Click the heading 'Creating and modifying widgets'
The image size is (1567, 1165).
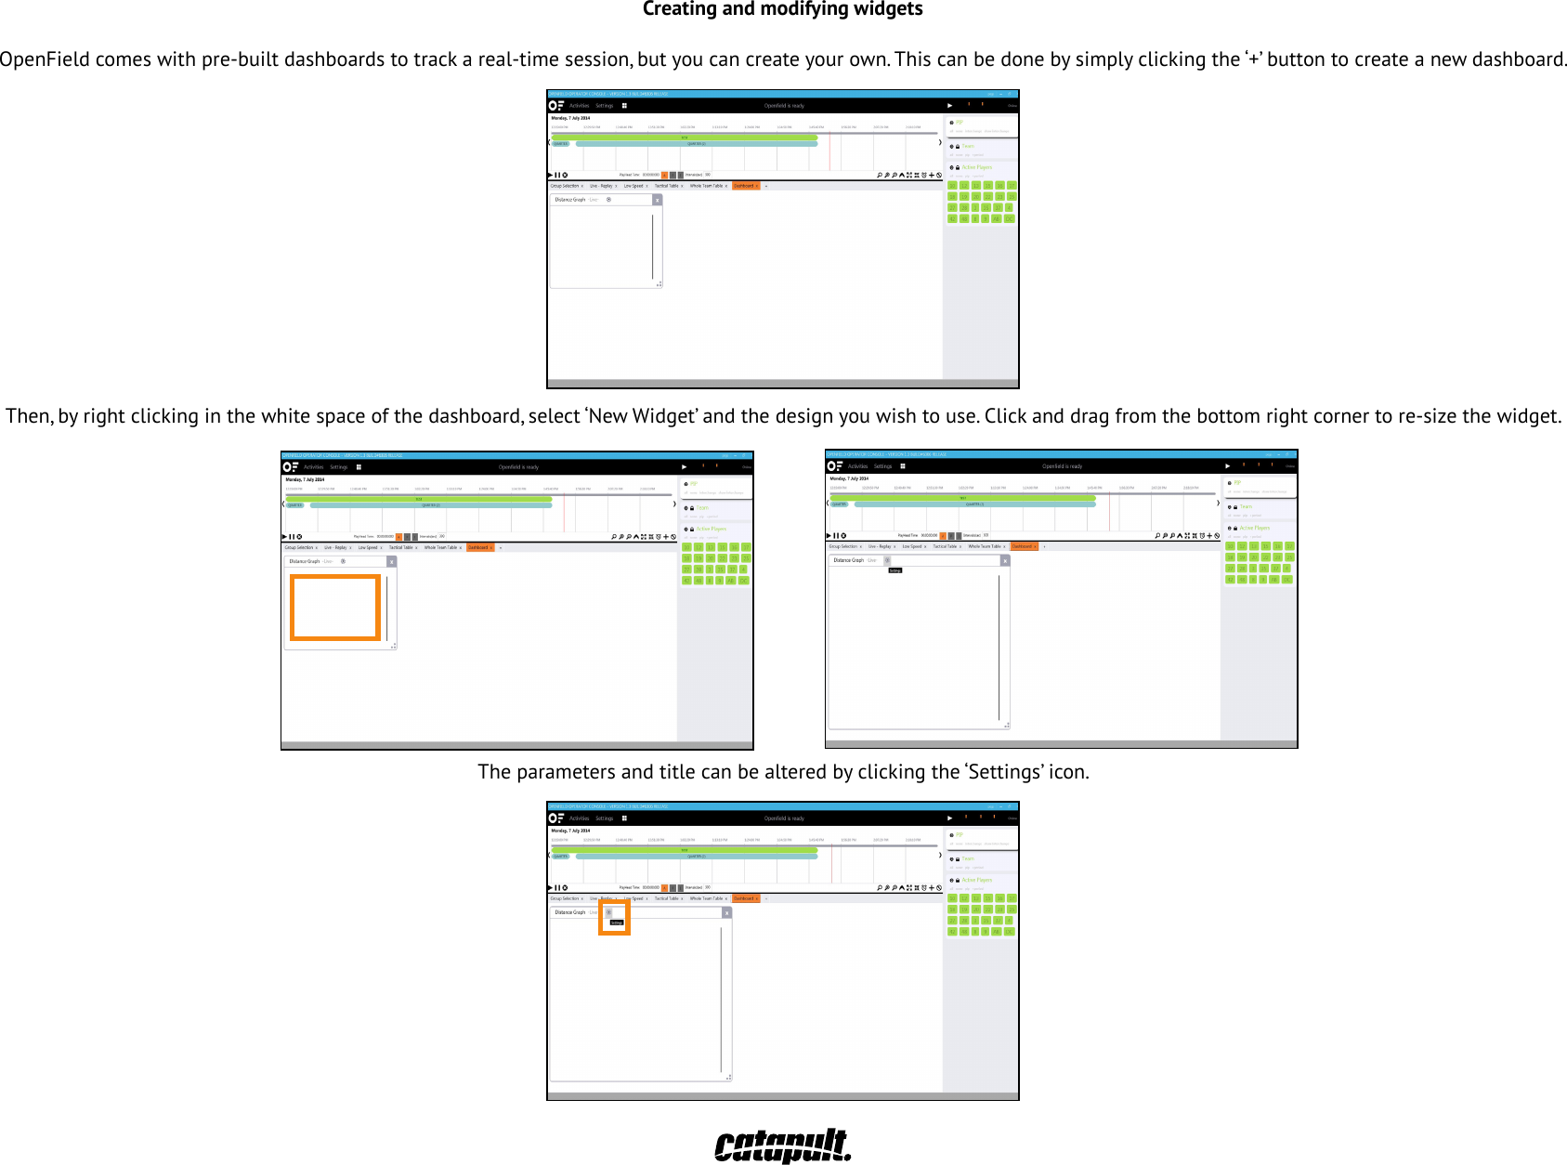[782, 10]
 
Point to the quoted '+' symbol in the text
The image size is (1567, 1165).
[1253, 59]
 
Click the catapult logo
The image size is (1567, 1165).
[782, 1145]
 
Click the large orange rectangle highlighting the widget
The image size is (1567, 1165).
[335, 608]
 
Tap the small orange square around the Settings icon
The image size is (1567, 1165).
[614, 917]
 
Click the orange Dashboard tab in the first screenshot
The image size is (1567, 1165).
[745, 186]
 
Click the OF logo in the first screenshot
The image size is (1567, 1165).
[556, 106]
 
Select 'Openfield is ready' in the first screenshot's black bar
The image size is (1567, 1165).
[784, 106]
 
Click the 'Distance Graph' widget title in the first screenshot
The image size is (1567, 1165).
[569, 200]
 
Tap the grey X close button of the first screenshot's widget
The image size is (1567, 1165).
[658, 200]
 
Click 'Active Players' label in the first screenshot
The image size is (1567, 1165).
[976, 168]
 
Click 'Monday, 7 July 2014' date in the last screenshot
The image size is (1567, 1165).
[570, 831]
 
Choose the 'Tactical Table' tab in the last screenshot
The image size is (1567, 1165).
[666, 898]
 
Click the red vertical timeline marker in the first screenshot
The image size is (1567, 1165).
[829, 151]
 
